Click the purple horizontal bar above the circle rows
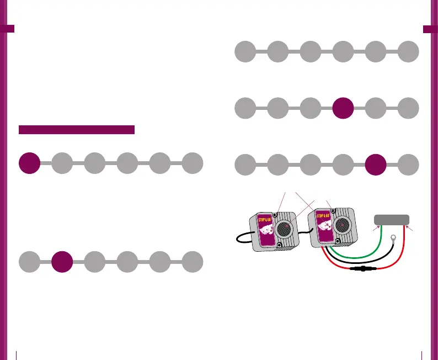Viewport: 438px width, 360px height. pos(77,130)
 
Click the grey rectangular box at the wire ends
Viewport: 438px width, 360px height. pos(391,219)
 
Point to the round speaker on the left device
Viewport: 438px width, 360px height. pos(286,227)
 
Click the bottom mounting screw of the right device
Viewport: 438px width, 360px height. pos(336,241)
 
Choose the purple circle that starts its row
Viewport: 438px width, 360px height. pos(29,163)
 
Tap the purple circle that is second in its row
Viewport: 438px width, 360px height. pos(62,261)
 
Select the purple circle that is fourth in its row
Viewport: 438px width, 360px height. pos(343,108)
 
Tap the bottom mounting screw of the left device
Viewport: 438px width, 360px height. pos(279,245)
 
